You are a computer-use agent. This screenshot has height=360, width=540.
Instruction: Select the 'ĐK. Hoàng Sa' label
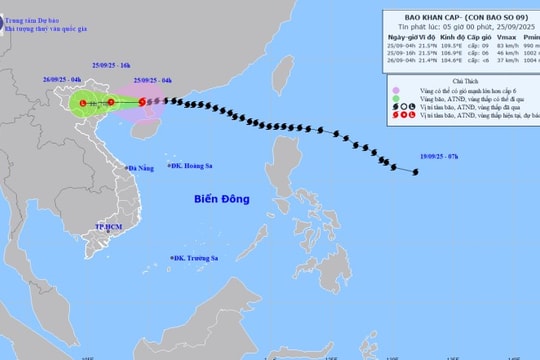coord(195,166)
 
